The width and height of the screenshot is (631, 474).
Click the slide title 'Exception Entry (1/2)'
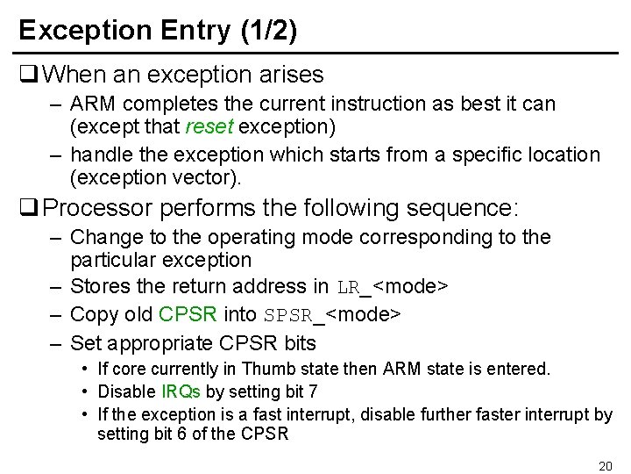(x=158, y=31)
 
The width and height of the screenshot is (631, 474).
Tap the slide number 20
(x=604, y=465)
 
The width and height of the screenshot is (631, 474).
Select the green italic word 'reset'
(x=209, y=126)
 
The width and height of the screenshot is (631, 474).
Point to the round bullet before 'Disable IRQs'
(x=83, y=391)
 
